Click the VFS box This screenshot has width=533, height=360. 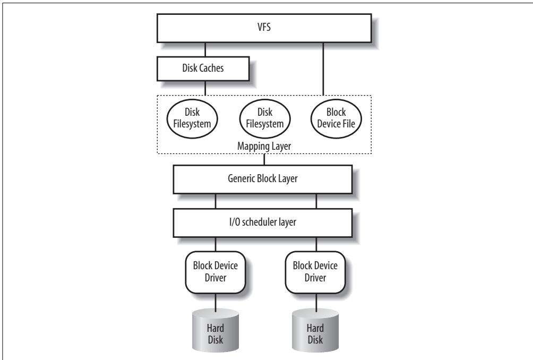[x=264, y=28]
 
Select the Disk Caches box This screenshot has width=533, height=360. [x=203, y=68]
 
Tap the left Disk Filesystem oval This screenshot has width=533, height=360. [x=192, y=118]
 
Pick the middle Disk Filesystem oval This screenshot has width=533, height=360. [x=265, y=118]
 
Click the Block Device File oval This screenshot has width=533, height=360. [x=336, y=118]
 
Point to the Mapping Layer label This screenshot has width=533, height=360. [x=264, y=146]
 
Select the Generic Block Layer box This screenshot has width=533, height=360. [x=263, y=179]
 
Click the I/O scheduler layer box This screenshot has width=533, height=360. [x=263, y=222]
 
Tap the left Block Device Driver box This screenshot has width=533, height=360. [x=216, y=272]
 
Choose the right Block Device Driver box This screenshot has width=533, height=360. [x=315, y=272]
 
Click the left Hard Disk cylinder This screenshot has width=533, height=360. [x=216, y=330]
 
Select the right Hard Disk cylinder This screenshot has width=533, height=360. [x=315, y=330]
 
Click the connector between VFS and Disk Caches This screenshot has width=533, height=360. [x=205, y=49]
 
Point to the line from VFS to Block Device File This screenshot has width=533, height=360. [x=323, y=70]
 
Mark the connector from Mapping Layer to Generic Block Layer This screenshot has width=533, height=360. [x=264, y=159]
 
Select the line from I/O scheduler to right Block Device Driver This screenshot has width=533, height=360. [x=316, y=244]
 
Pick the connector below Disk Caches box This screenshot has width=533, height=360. [x=205, y=88]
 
